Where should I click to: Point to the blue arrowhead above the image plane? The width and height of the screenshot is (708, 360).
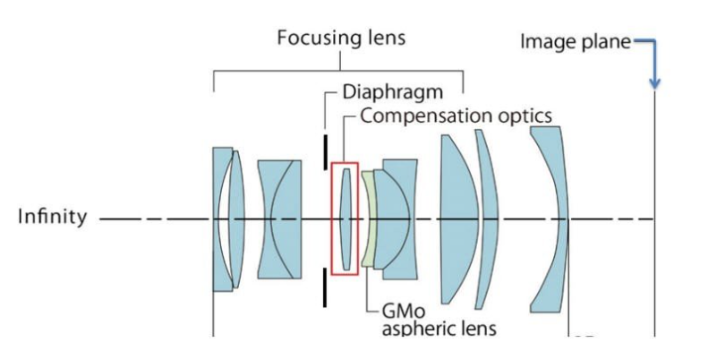(655, 82)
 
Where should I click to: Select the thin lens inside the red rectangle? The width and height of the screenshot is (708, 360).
(345, 219)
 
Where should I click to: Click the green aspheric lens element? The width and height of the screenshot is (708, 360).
(367, 218)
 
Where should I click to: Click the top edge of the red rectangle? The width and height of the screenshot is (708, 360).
(345, 164)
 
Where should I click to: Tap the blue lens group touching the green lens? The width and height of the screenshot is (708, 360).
(392, 219)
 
